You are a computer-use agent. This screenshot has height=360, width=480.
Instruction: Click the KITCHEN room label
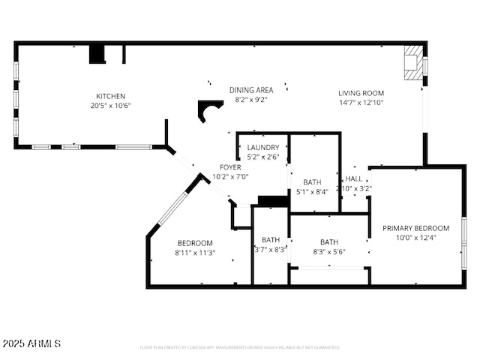[x=110, y=96]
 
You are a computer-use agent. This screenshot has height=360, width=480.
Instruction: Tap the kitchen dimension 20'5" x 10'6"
[x=110, y=106]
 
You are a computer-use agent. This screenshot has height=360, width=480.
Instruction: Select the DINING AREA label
[x=251, y=90]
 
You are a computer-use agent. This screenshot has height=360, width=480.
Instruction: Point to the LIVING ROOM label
[x=361, y=93]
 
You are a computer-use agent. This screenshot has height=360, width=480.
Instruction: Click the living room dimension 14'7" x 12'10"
[x=361, y=103]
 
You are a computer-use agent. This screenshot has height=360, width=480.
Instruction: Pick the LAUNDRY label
[x=263, y=148]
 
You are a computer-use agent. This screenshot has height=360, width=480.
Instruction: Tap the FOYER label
[x=230, y=167]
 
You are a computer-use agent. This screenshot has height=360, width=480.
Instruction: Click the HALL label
[x=354, y=179]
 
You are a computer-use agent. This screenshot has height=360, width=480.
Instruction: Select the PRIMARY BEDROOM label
[x=415, y=228]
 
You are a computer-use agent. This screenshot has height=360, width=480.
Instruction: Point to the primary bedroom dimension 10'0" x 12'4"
[x=415, y=238]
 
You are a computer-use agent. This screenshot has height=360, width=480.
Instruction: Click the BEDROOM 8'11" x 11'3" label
[x=195, y=243]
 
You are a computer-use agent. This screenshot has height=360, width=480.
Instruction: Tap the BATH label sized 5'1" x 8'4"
[x=313, y=182]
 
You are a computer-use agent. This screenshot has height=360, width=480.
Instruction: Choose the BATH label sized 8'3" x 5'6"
[x=329, y=242]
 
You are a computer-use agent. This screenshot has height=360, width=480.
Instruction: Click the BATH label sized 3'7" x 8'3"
[x=270, y=240]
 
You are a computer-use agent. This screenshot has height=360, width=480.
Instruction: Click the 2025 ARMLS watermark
[x=31, y=343]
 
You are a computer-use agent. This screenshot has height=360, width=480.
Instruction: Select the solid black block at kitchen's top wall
[x=97, y=55]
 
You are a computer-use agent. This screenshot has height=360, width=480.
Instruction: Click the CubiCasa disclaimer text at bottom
[x=240, y=348]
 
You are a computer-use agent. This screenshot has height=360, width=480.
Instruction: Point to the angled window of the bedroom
[x=172, y=208]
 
